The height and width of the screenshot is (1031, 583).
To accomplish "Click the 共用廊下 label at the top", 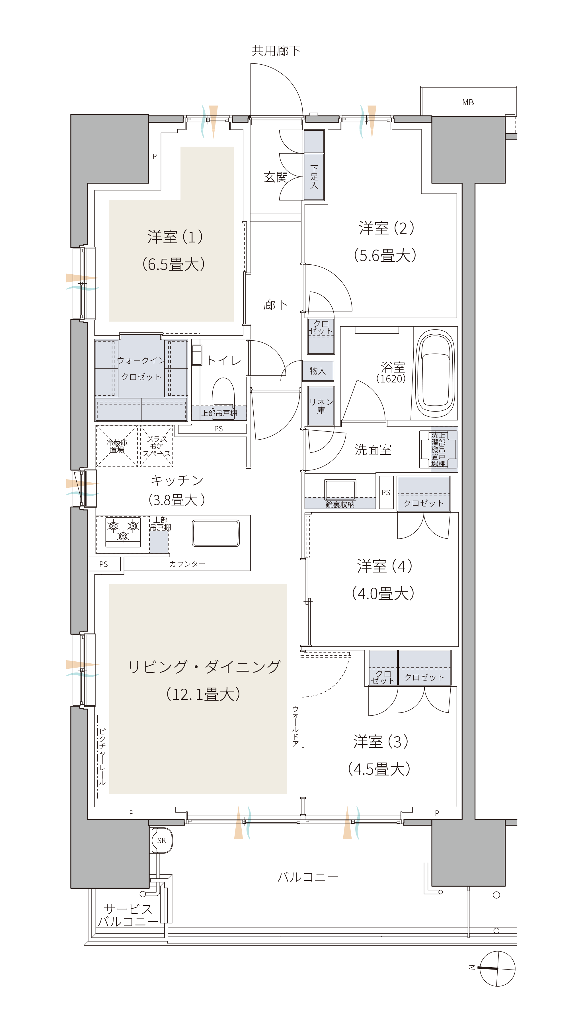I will coord(276,51).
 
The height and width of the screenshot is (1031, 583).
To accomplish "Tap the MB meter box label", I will coord(468,102).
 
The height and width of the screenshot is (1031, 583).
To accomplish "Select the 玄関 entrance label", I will coord(276,177).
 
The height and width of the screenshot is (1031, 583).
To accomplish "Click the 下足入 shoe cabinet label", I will coord(314,176).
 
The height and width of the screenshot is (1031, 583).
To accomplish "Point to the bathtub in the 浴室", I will coord(436,373).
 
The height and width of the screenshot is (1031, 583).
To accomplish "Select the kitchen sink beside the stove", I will coord(216,533).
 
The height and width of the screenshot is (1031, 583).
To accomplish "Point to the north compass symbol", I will coord(497,969).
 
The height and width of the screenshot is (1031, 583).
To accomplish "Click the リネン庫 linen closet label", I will coord(321,406).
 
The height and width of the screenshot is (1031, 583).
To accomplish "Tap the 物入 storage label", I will coord(317,371).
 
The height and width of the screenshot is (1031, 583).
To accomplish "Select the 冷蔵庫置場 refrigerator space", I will coord(117,446).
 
